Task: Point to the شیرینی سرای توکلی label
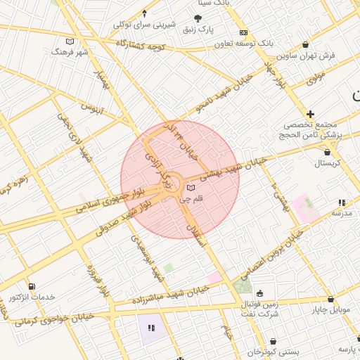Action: tap(144, 24)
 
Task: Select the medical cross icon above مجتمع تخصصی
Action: tap(310, 114)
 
